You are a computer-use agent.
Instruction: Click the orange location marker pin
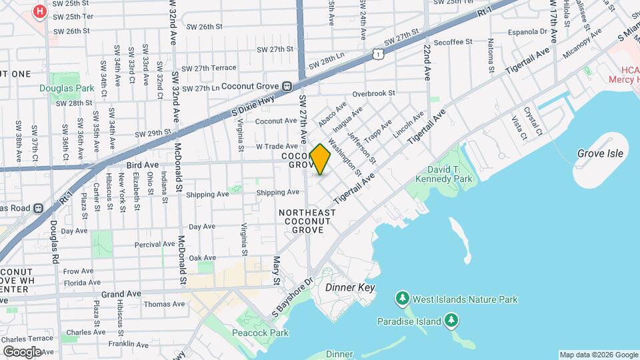[320, 159]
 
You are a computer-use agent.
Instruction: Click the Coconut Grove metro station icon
[287, 86]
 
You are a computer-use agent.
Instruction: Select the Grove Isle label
[601, 153]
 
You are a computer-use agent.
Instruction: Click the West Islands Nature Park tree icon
[402, 299]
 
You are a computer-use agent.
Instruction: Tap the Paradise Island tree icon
[451, 321]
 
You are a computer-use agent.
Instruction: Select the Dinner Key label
[351, 288]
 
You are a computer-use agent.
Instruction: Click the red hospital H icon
[40, 11]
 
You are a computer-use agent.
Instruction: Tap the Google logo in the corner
[22, 351]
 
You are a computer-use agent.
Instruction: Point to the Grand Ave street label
[121, 293]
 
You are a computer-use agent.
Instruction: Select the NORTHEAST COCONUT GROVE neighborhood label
[307, 221]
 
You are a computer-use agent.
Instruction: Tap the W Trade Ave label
[277, 146]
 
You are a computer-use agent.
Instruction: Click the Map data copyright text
[598, 355]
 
